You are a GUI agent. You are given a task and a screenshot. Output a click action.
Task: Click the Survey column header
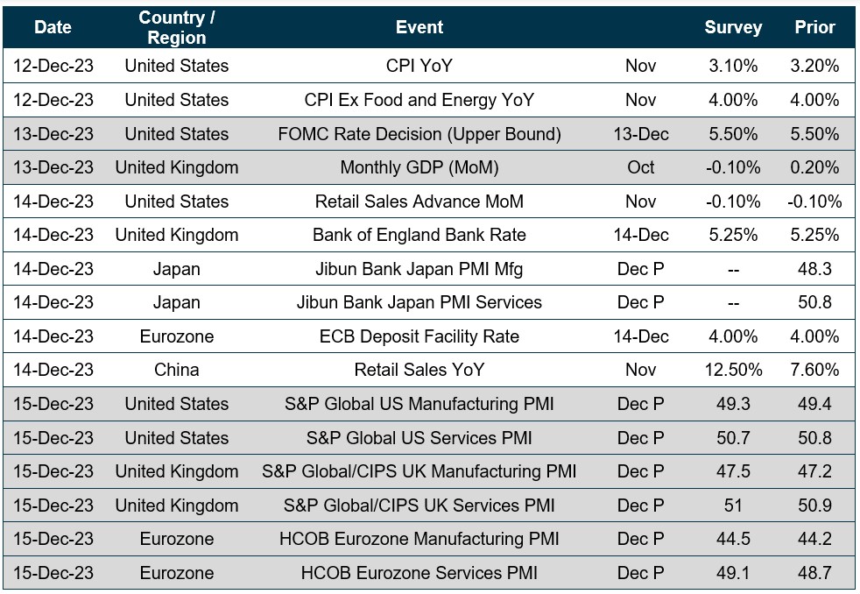[x=733, y=27]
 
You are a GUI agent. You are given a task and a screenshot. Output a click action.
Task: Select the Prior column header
[x=814, y=27]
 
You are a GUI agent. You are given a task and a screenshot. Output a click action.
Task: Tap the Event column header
[x=419, y=27]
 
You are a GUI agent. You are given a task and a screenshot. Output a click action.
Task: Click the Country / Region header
[x=177, y=27]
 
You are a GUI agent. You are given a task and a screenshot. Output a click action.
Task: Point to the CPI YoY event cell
[x=419, y=66]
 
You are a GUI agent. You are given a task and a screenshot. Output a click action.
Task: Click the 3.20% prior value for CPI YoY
[x=814, y=66]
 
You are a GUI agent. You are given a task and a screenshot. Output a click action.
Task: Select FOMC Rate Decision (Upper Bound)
[x=419, y=134]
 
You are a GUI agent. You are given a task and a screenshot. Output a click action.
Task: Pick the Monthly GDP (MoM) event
[x=419, y=167]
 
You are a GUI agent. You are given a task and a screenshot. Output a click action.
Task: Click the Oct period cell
[x=641, y=167]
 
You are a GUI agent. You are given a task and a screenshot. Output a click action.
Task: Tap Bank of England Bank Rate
[x=419, y=235]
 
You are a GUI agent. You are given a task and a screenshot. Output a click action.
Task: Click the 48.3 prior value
[x=814, y=269]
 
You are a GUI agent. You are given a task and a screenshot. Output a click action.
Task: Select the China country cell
[x=177, y=370]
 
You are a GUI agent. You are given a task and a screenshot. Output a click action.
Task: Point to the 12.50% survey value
[x=733, y=370]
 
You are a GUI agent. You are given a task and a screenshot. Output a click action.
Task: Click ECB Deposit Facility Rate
[x=419, y=336]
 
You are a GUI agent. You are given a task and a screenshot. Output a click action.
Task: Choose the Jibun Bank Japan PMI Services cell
[x=419, y=302]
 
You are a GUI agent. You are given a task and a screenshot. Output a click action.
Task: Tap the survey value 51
[x=733, y=506]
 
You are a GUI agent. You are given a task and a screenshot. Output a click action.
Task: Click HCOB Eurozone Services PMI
[x=419, y=573]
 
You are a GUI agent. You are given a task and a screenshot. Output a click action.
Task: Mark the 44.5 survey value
[x=733, y=539]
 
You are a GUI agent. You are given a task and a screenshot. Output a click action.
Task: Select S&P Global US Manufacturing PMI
[x=419, y=404]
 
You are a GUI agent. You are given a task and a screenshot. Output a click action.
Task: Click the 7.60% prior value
[x=814, y=370]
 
